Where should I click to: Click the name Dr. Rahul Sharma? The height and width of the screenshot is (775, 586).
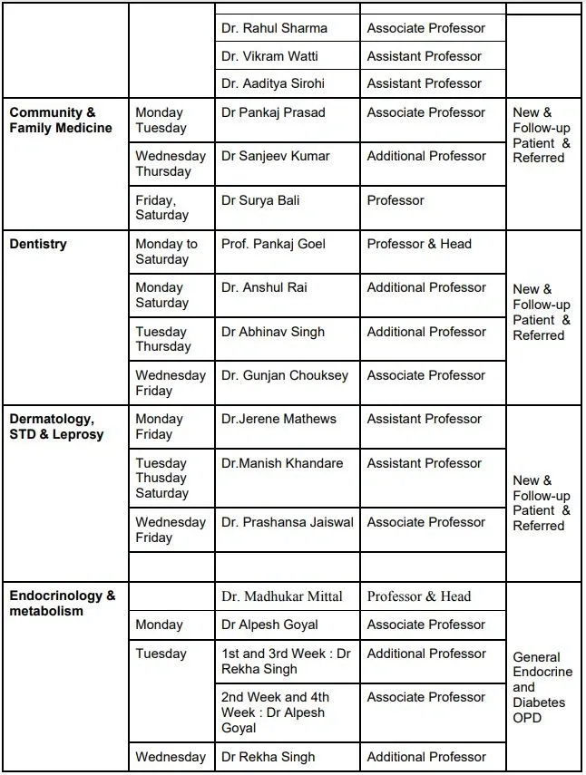[274, 28]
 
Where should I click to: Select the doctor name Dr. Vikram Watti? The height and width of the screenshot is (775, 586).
[269, 56]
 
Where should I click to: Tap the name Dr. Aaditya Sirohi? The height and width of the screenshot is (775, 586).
[273, 83]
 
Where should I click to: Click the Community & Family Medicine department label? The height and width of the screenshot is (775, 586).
[61, 121]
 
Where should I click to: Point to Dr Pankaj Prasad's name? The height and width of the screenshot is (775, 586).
[273, 112]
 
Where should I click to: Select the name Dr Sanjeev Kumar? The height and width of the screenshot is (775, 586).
[276, 156]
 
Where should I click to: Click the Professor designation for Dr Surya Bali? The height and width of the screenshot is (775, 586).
[396, 200]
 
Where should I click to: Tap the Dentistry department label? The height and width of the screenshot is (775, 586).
[38, 244]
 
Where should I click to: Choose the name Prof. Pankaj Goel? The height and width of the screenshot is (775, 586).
[274, 244]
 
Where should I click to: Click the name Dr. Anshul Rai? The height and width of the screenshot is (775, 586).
[264, 287]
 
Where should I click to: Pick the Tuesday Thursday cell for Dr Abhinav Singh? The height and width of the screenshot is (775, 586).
[163, 339]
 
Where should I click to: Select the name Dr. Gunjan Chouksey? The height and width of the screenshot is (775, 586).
[285, 375]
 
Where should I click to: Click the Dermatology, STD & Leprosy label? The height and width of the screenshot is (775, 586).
[56, 427]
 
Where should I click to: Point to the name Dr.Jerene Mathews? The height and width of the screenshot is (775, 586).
[278, 419]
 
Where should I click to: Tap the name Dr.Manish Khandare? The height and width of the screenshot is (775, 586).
[282, 463]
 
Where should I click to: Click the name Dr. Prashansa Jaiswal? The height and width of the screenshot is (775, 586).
[288, 522]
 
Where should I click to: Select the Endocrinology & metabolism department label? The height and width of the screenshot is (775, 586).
[63, 604]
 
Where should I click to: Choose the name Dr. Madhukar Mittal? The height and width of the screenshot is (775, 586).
[282, 596]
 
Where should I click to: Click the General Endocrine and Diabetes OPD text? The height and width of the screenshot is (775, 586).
[542, 687]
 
